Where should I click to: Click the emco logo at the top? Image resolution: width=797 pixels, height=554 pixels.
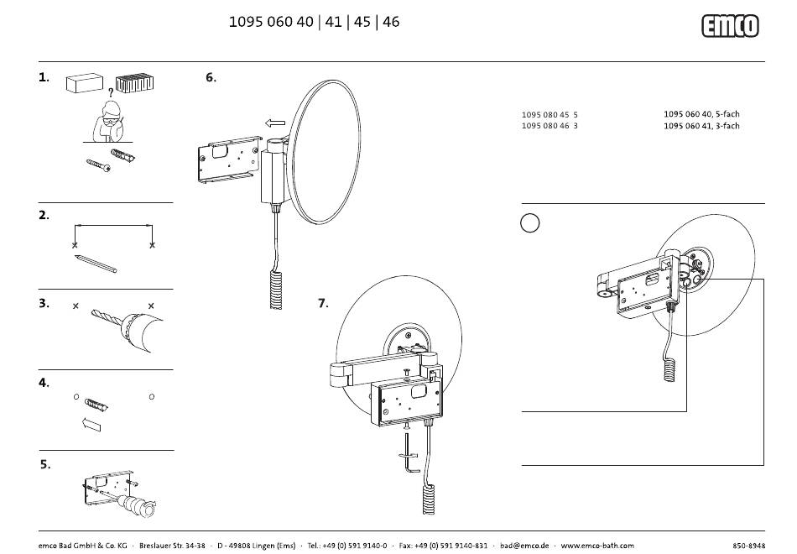(x=730, y=26)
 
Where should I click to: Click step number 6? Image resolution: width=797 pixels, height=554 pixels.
(x=211, y=77)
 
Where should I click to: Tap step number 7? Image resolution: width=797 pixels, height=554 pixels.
(x=323, y=303)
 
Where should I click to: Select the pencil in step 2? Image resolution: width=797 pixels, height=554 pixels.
(x=95, y=264)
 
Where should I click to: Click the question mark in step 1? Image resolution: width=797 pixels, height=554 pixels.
(x=110, y=92)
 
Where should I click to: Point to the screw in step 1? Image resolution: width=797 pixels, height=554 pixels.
(x=99, y=165)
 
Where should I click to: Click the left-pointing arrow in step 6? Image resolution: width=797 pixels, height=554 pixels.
(x=275, y=123)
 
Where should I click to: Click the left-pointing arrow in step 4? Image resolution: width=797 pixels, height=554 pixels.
(x=91, y=424)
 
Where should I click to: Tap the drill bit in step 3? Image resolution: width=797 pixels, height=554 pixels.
(x=107, y=316)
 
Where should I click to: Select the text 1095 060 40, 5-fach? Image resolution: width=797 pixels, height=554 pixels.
(x=701, y=114)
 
